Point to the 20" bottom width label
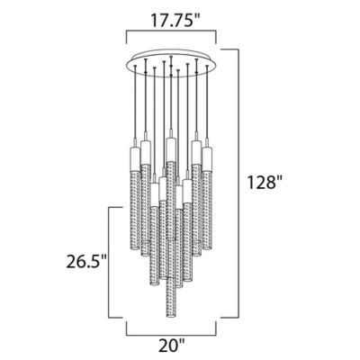(x=172, y=346)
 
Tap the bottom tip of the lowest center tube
(x=170, y=318)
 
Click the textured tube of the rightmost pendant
(x=207, y=210)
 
